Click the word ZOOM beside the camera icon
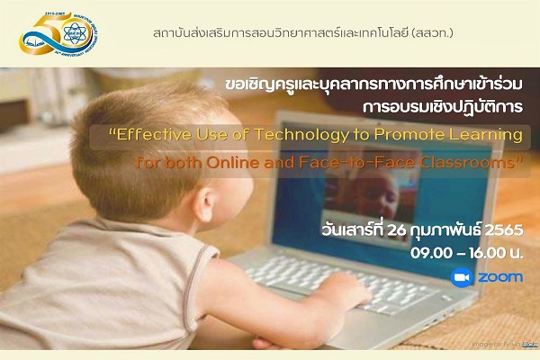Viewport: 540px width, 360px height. point(499,277)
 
